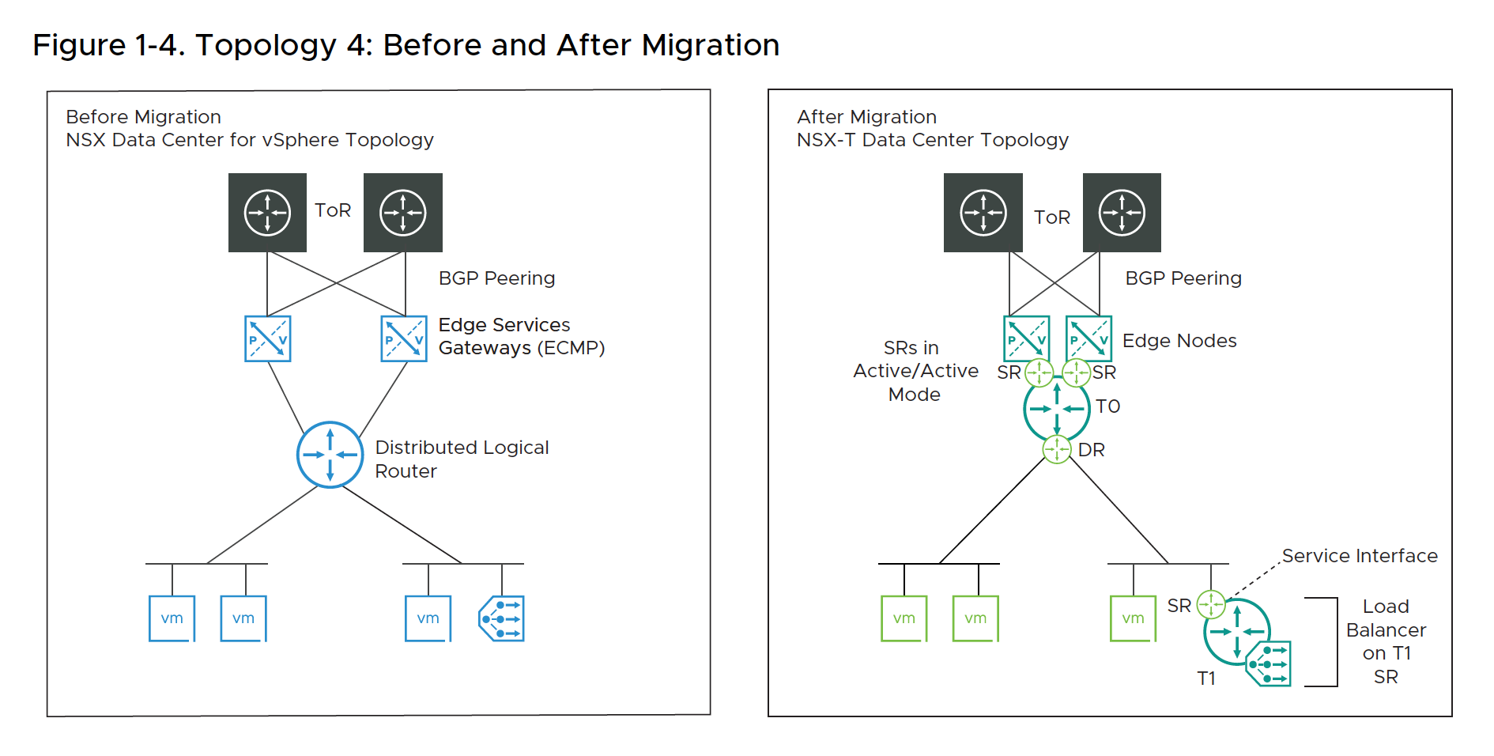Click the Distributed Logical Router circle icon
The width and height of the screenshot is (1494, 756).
tap(330, 455)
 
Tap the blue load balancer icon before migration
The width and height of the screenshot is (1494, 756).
tap(501, 618)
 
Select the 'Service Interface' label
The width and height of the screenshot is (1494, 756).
tap(1359, 556)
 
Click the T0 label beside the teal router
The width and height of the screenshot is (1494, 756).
tap(1107, 406)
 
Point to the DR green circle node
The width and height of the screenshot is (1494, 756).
tap(1057, 450)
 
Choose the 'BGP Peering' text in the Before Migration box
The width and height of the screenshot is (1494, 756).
tap(496, 278)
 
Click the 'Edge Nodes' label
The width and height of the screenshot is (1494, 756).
tap(1179, 341)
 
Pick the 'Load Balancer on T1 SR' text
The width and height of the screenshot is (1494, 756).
tap(1386, 641)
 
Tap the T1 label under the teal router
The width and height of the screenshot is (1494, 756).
tap(1205, 679)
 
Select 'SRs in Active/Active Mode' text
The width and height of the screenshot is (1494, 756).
tap(915, 371)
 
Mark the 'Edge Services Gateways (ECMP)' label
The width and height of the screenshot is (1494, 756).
tap(521, 336)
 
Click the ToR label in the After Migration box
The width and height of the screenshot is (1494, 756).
tap(1051, 217)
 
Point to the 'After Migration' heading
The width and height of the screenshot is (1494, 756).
tap(866, 117)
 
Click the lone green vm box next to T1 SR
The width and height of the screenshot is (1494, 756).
tap(1133, 618)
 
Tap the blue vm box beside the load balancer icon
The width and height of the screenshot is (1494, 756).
tap(428, 618)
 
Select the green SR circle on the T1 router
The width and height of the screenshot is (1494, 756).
tap(1210, 605)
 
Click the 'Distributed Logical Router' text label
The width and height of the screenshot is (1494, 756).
tap(462, 459)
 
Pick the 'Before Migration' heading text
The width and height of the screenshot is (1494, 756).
tap(143, 117)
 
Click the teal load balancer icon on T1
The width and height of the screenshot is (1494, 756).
tap(1269, 663)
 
